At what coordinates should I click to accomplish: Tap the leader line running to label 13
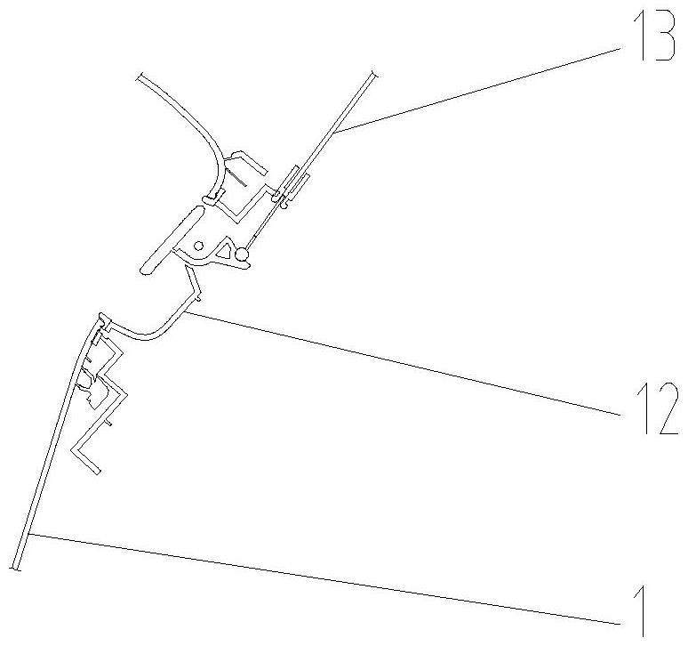pos(478,90)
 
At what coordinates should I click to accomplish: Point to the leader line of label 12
pos(403,363)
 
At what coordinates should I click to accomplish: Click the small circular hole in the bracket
pos(199,246)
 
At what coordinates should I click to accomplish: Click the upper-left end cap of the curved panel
pos(139,77)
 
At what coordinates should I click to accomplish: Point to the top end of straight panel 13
pos(374,73)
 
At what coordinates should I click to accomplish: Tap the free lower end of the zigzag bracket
pos(99,472)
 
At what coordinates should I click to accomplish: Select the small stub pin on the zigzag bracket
pos(109,423)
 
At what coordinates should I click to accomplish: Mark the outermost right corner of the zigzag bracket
pos(126,394)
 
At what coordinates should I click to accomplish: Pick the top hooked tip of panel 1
pos(102,315)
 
